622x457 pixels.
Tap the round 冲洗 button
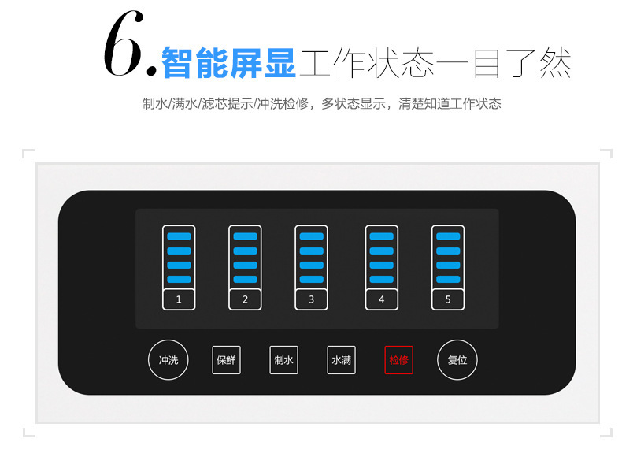pos(168,360)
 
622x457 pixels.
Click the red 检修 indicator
pos(398,360)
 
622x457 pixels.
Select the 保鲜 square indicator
pos(226,360)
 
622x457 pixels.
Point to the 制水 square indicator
pos(283,360)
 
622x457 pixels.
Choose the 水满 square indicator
pos(341,360)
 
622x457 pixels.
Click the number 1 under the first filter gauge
pos(179,299)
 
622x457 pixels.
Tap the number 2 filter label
pos(245,299)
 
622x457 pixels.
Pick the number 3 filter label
pos(312,299)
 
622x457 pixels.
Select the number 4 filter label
pos(382,299)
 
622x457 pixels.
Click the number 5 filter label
pos(448,299)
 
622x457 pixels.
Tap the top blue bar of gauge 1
pos(179,236)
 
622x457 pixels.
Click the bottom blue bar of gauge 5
pos(448,279)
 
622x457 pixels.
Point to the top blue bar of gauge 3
pos(312,236)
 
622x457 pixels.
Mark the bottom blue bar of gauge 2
pos(245,279)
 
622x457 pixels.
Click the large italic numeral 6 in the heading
pos(124,43)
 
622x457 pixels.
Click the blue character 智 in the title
pos(177,63)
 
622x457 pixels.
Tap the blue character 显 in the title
pos(280,63)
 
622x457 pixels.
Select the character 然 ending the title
pos(555,63)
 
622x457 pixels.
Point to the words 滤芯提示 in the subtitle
pos(227,104)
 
